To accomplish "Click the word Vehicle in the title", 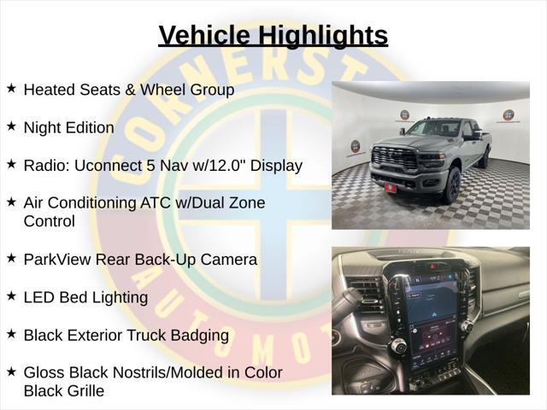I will point(204,35).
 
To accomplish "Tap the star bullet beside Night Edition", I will point(11,126).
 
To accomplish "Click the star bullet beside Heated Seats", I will point(11,89).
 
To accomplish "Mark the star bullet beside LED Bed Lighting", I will point(11,296).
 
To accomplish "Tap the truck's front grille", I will point(396,158).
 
